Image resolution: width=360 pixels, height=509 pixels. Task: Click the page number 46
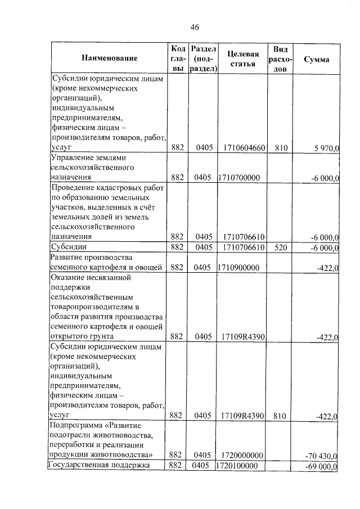click(x=195, y=27)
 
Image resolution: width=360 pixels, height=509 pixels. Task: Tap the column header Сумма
click(x=316, y=59)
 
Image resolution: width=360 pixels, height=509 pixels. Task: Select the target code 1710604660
click(x=244, y=148)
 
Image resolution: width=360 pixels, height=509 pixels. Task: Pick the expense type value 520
click(x=279, y=247)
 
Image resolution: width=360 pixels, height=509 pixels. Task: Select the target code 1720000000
click(x=244, y=454)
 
